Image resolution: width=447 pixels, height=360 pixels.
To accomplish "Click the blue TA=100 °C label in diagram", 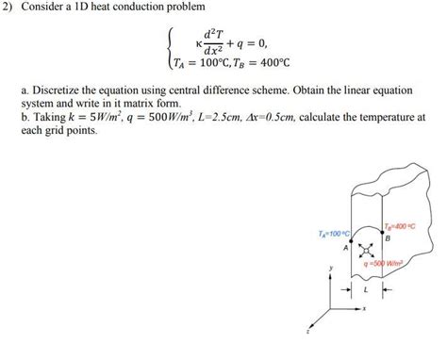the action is [336, 232].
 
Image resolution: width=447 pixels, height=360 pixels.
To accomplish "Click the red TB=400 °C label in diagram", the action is [401, 227].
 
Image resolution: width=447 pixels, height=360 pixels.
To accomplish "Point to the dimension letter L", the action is [370, 293].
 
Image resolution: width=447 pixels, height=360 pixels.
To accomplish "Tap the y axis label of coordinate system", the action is [331, 269].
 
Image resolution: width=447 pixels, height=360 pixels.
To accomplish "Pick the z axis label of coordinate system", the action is [306, 331].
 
